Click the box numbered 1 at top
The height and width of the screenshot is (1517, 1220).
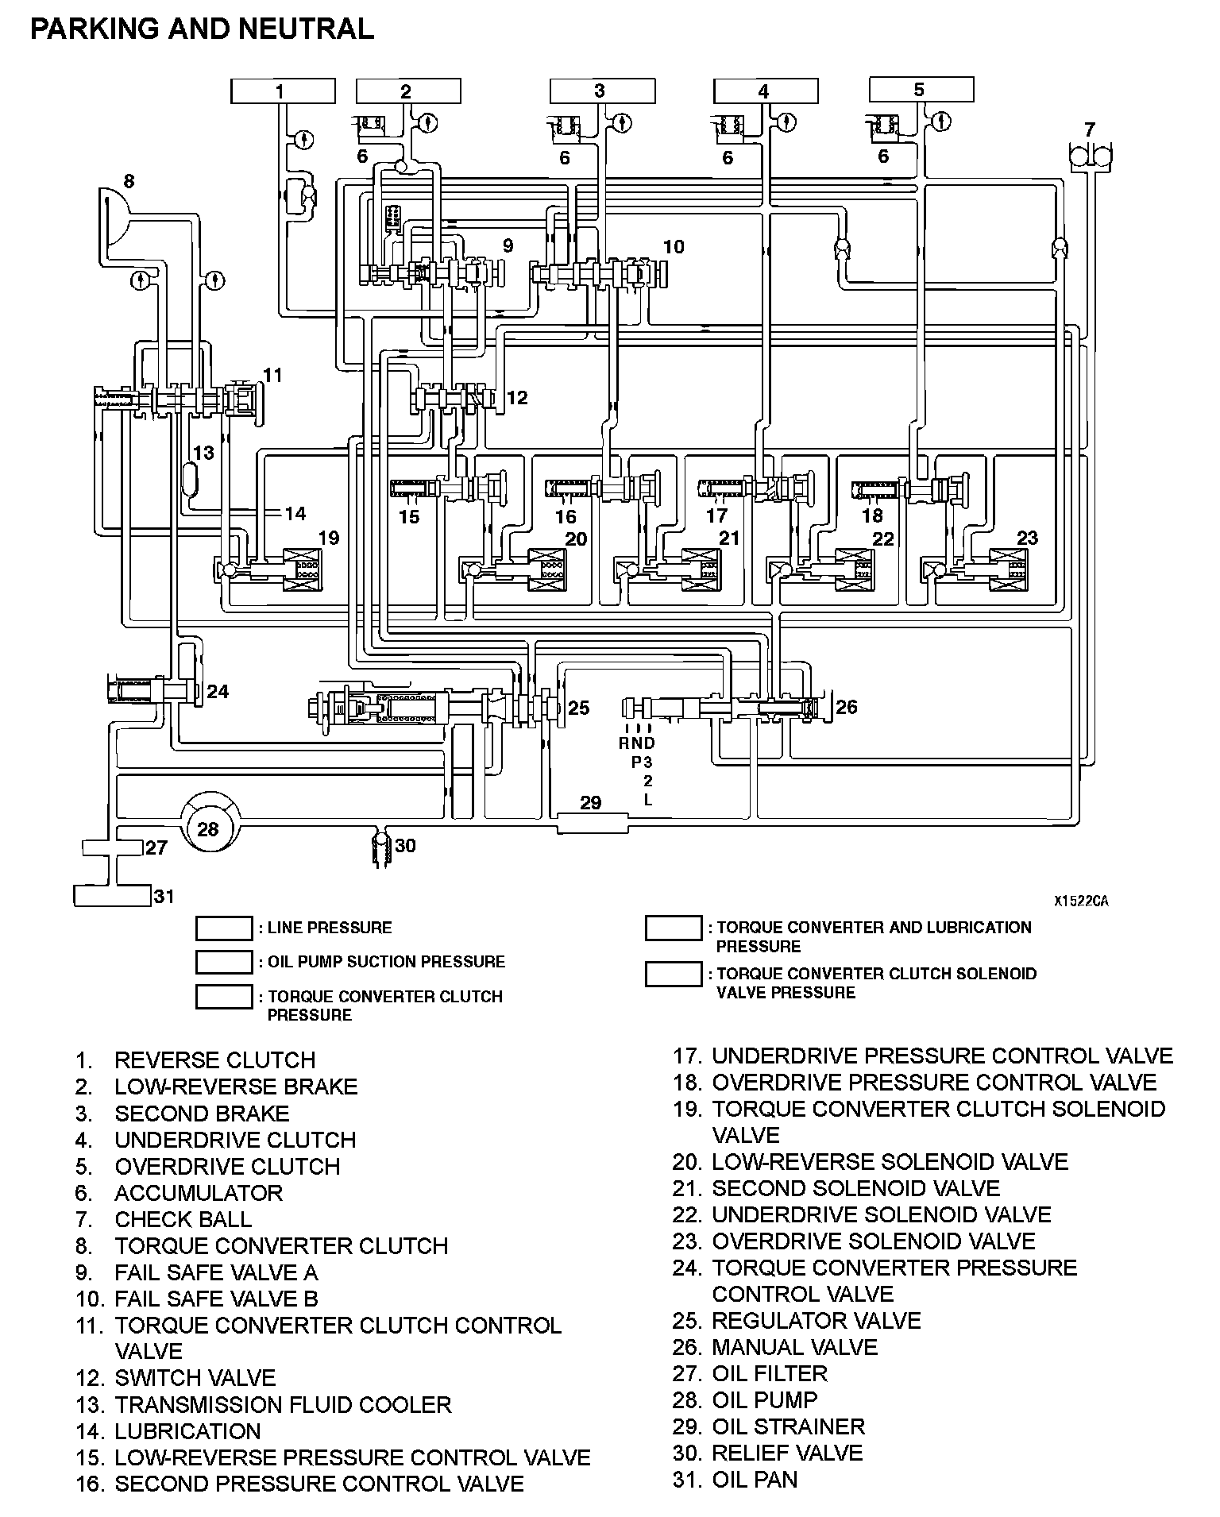(283, 91)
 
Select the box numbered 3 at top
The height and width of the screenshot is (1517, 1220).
(603, 91)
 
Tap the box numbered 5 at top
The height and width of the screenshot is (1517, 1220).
(922, 89)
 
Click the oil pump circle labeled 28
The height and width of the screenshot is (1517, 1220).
(208, 828)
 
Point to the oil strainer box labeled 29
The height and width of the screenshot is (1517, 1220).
(592, 823)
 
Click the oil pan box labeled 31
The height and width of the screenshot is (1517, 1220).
(112, 896)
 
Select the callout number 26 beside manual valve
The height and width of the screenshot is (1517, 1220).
(847, 707)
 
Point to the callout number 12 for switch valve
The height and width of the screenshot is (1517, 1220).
(517, 397)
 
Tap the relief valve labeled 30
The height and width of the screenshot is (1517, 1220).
(381, 848)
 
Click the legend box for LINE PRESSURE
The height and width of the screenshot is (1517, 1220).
(224, 928)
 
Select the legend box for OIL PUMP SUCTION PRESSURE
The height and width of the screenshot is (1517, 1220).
(224, 962)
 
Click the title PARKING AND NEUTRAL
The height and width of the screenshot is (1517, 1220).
(202, 29)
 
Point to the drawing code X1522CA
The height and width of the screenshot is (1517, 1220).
(1081, 901)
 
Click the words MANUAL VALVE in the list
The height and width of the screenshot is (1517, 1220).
(794, 1347)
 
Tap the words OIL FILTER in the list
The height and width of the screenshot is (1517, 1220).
(770, 1373)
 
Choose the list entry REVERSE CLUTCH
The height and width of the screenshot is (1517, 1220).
(215, 1060)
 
